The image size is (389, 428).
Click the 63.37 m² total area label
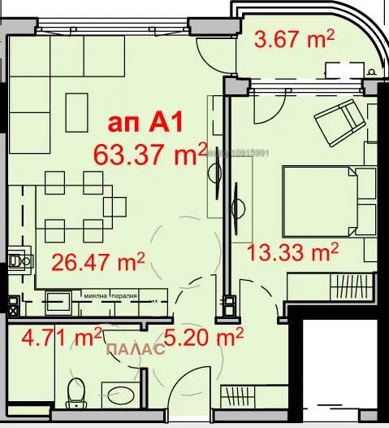click(x=145, y=153)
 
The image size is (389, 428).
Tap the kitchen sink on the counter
click(x=58, y=302)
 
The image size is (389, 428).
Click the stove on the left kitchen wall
click(x=17, y=262)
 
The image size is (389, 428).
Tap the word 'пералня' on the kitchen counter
click(x=123, y=296)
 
